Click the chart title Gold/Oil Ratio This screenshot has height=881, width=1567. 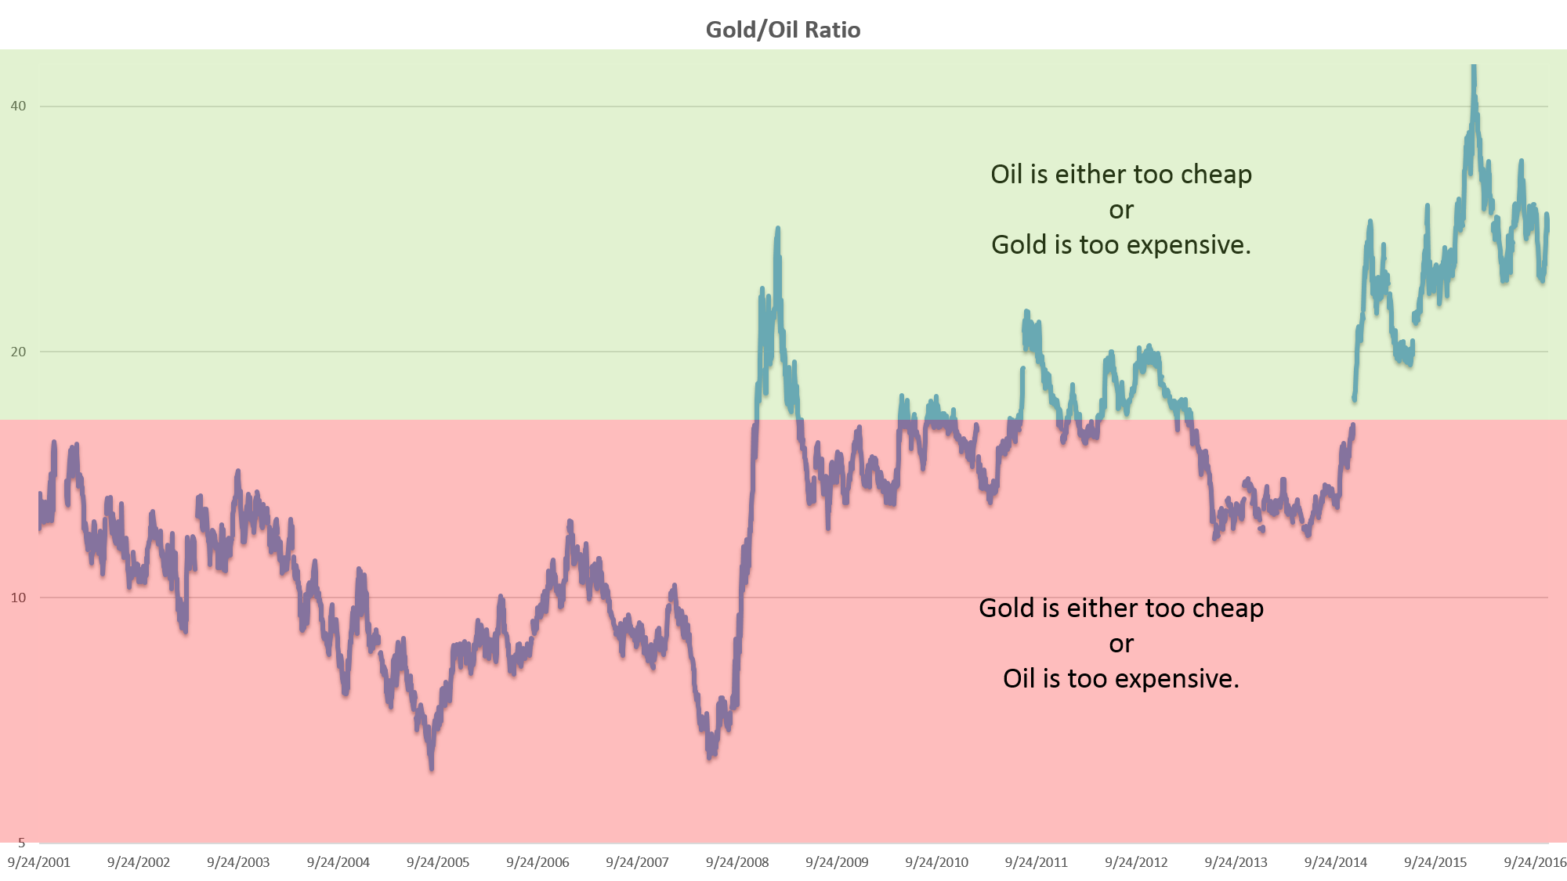783,30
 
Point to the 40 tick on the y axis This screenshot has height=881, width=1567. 18,106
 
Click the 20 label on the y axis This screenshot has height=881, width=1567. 18,352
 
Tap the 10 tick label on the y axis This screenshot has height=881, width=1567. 18,598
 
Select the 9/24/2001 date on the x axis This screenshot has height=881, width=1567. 39,862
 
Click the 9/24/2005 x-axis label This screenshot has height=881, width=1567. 438,862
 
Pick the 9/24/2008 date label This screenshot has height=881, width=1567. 737,862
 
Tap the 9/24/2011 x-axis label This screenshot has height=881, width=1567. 1037,862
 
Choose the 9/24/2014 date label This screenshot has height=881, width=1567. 1336,862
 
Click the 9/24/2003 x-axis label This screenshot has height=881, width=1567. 238,862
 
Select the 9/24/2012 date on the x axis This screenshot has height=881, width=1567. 1136,862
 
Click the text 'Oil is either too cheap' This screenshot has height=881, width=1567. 1121,174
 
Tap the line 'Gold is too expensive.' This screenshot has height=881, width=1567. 1121,244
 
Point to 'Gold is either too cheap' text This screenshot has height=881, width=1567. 1121,608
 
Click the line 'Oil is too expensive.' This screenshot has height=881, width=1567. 1121,678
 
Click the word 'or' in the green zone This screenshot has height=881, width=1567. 1121,210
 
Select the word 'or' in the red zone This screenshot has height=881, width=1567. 1121,644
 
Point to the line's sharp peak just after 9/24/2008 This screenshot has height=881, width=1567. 777,229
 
